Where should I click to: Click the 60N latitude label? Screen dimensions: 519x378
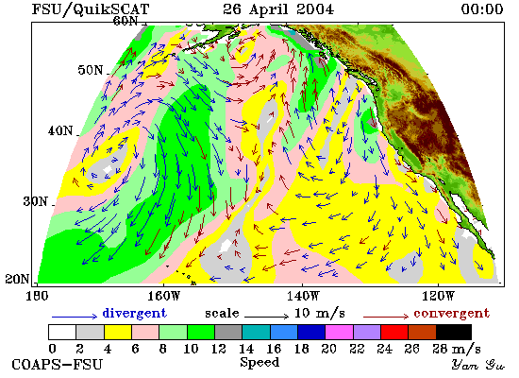coord(126,21)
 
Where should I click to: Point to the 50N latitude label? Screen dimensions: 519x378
coord(91,70)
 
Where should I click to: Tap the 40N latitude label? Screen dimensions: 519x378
coord(60,130)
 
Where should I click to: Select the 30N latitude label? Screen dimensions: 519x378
coord(35,201)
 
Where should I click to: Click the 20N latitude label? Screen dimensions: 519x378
coord(17,279)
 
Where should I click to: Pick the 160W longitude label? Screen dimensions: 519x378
coord(163,296)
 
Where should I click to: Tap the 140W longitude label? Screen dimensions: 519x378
coord(303,296)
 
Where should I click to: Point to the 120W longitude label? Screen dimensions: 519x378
coord(438,296)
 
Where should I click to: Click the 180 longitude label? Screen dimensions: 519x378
coord(37,296)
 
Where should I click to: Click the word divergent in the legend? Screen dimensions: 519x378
coord(134,314)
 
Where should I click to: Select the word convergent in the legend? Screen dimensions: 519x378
coord(451,314)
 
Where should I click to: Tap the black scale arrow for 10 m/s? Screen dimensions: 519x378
coord(266,317)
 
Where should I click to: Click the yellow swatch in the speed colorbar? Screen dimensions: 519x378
coord(118,332)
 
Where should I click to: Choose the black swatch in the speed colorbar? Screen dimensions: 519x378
coord(454,332)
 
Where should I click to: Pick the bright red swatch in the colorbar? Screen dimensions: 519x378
coord(394,332)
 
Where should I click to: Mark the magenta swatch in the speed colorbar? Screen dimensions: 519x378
coord(339,332)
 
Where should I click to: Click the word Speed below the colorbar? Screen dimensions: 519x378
coord(259,362)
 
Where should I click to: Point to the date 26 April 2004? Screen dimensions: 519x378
coord(278,9)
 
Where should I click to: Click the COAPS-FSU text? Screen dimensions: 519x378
coord(58,365)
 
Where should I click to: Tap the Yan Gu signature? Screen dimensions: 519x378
coord(478,365)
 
